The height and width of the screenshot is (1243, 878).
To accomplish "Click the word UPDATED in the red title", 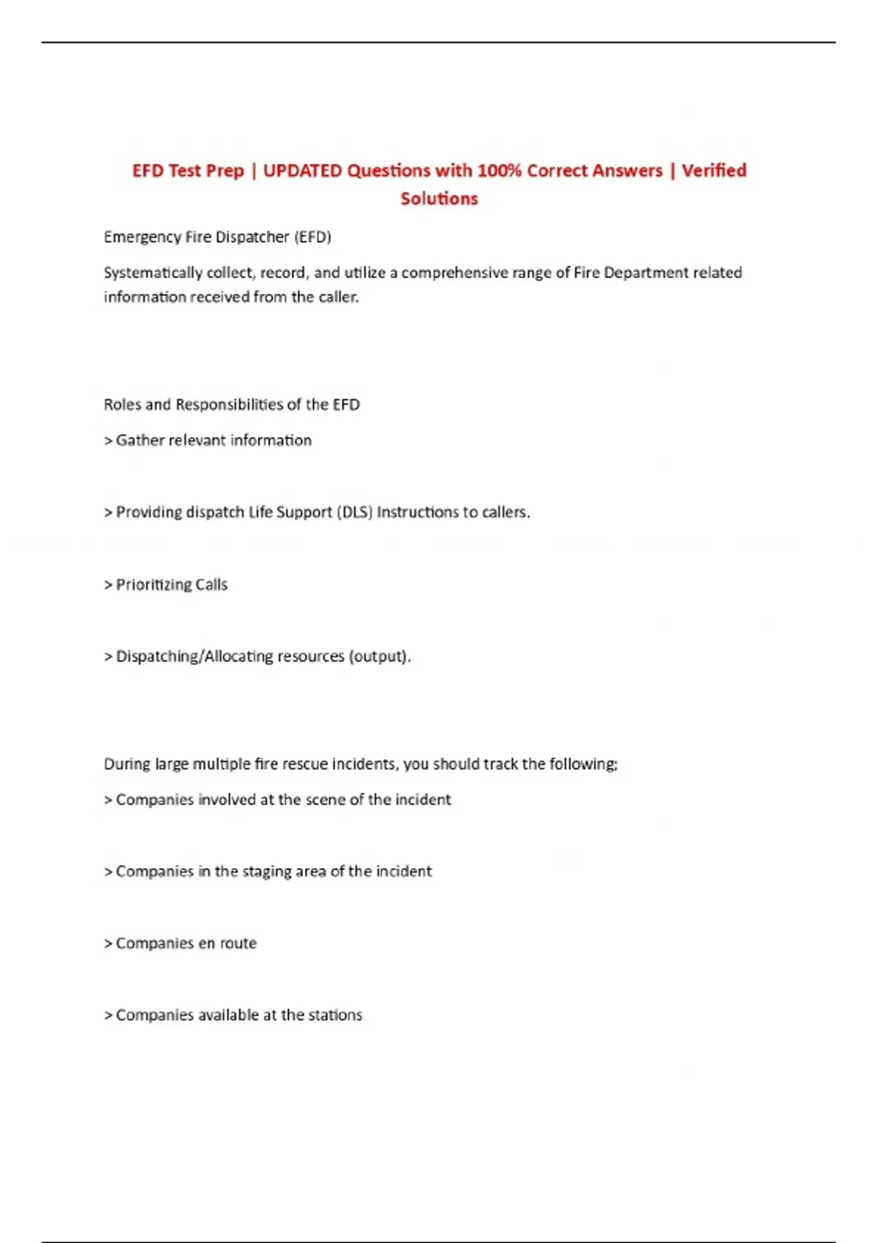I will point(302,171).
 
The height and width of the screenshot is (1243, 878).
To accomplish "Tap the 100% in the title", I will point(499,171).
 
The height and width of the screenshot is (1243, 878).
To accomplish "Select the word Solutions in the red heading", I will point(439,199).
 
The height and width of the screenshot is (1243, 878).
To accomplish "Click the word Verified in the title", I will point(714,171).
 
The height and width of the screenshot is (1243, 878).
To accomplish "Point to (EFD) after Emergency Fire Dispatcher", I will point(312,238).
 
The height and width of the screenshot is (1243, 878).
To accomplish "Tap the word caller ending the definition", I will point(338,298).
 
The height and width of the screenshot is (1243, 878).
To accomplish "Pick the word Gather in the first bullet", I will point(140,441).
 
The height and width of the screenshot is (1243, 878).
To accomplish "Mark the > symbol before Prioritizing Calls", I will point(108,585).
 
